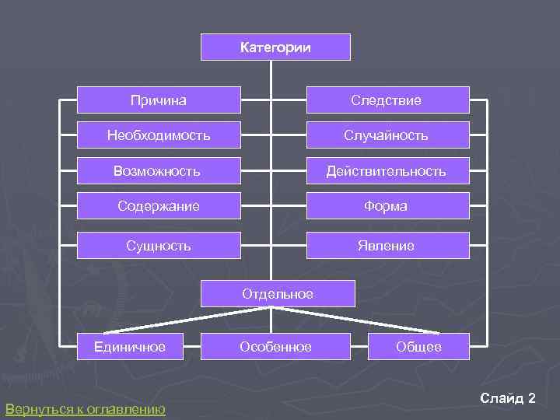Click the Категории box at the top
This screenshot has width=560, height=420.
click(x=275, y=47)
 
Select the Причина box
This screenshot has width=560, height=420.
click(x=159, y=100)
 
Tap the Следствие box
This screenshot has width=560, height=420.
click(x=387, y=100)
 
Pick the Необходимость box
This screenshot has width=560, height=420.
click(x=159, y=135)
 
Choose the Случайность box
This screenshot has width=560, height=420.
click(x=387, y=135)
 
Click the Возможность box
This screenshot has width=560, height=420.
click(x=159, y=170)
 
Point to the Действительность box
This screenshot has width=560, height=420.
click(x=387, y=170)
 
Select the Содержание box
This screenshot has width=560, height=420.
click(x=159, y=206)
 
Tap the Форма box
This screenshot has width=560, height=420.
click(x=387, y=206)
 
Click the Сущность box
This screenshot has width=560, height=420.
click(x=159, y=246)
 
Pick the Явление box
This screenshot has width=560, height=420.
click(x=387, y=246)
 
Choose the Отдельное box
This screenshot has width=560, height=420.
click(x=278, y=293)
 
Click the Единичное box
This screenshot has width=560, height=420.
click(x=130, y=347)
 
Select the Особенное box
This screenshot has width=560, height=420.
click(x=275, y=347)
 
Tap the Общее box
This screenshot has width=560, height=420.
click(x=419, y=347)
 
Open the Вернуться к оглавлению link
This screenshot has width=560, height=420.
click(x=85, y=409)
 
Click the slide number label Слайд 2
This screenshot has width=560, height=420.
click(x=508, y=398)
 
